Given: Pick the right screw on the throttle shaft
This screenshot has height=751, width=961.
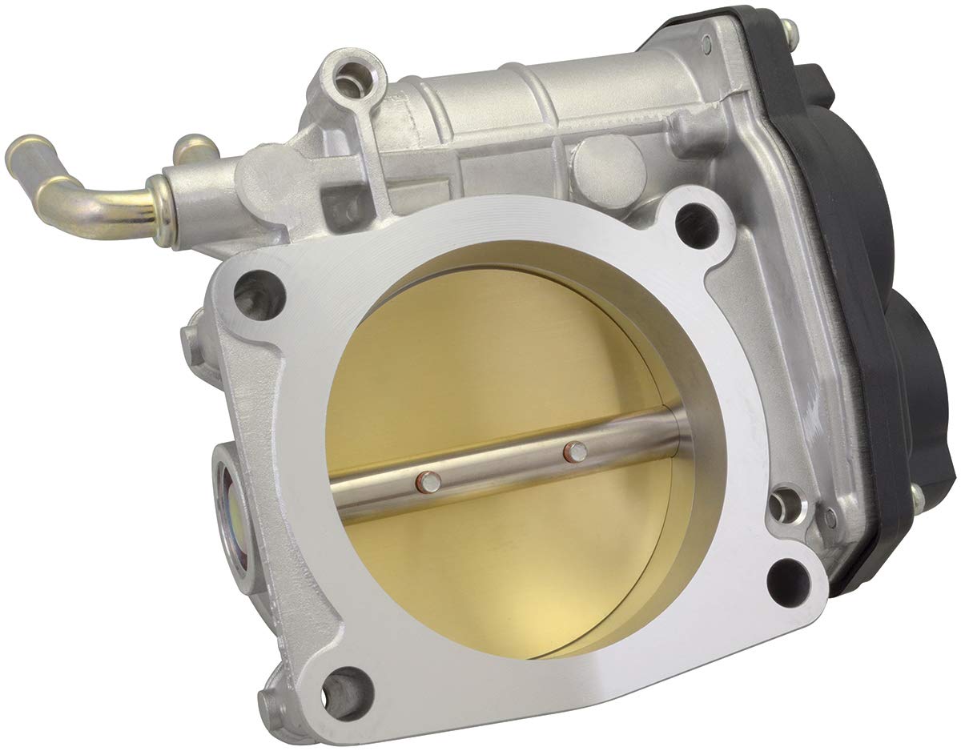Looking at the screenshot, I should coord(573,452).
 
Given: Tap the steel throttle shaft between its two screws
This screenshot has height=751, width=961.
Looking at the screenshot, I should coord(501,467).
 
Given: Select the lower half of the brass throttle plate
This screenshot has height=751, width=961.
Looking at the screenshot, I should coord(513,560).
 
